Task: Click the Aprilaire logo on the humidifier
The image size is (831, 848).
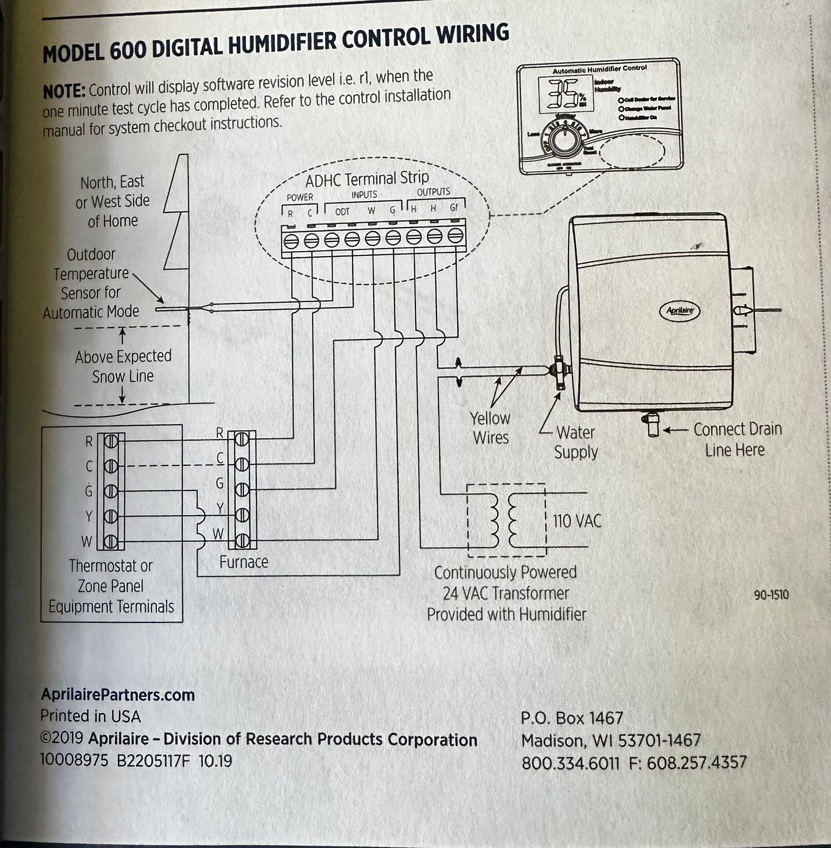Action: click(679, 310)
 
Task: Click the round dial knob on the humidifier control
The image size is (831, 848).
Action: click(564, 140)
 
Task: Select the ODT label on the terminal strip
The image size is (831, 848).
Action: click(342, 212)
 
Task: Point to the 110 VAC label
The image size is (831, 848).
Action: click(577, 521)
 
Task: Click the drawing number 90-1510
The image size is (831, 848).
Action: click(771, 595)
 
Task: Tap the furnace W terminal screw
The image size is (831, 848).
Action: click(241, 541)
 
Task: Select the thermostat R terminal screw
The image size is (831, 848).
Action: click(111, 442)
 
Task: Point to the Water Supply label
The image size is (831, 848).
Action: click(576, 443)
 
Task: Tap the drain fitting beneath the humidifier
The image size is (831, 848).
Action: click(653, 425)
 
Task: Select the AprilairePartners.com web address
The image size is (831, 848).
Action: click(117, 694)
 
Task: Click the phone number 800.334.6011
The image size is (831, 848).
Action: click(570, 763)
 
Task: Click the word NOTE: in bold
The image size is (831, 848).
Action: click(64, 92)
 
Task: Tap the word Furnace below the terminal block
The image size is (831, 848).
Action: click(243, 562)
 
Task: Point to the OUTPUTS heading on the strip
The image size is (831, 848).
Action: click(433, 192)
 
